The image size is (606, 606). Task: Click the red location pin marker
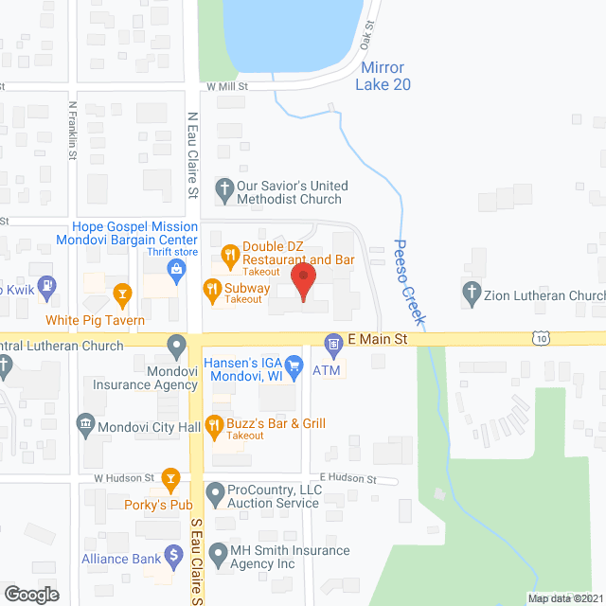pyautogui.click(x=303, y=281)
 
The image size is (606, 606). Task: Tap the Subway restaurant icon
pyautogui.click(x=213, y=288)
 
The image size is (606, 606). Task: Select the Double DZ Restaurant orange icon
pyautogui.click(x=228, y=254)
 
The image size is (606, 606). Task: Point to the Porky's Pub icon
pyautogui.click(x=170, y=478)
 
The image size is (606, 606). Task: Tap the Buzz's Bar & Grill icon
pyautogui.click(x=213, y=429)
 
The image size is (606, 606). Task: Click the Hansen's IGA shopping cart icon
pyautogui.click(x=294, y=364)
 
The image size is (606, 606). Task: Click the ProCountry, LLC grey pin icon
pyautogui.click(x=214, y=492)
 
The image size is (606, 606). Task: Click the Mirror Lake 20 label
pyautogui.click(x=383, y=77)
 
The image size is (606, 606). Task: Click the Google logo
pyautogui.click(x=30, y=594)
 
